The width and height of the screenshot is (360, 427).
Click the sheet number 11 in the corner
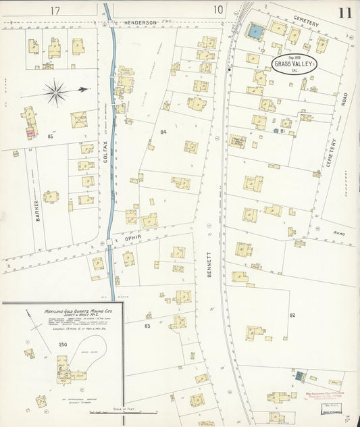click(x=345, y=12)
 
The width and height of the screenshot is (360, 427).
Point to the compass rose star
click(x=55, y=89)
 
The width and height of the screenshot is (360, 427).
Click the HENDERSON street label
click(x=140, y=22)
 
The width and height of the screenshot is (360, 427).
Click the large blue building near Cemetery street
click(x=255, y=30)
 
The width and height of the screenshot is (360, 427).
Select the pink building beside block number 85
click(x=30, y=133)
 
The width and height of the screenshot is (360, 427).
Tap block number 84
click(x=162, y=132)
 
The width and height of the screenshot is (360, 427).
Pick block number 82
click(x=292, y=316)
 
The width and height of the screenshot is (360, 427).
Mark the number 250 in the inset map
click(x=44, y=345)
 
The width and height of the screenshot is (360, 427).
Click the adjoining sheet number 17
click(x=55, y=9)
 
